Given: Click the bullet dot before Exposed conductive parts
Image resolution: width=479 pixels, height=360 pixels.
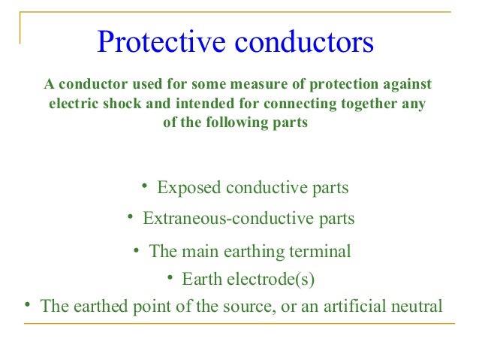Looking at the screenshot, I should (x=144, y=186).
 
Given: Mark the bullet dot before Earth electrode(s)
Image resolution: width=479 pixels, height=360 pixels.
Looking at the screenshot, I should (x=170, y=278).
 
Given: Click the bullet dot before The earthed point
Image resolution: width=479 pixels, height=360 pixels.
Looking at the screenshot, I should (x=27, y=304).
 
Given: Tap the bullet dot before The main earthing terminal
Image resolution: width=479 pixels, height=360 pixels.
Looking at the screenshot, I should (x=137, y=249).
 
